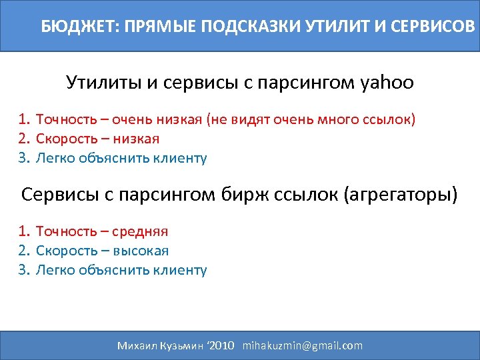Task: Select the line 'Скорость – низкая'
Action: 97,139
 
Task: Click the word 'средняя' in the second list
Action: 140,231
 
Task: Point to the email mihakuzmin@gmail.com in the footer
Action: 303,345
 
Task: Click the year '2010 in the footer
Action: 221,345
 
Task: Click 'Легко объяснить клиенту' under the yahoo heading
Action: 121,158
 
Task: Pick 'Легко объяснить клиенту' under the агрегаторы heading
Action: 121,270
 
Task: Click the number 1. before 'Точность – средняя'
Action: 25,231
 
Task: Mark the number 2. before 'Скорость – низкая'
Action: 25,139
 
